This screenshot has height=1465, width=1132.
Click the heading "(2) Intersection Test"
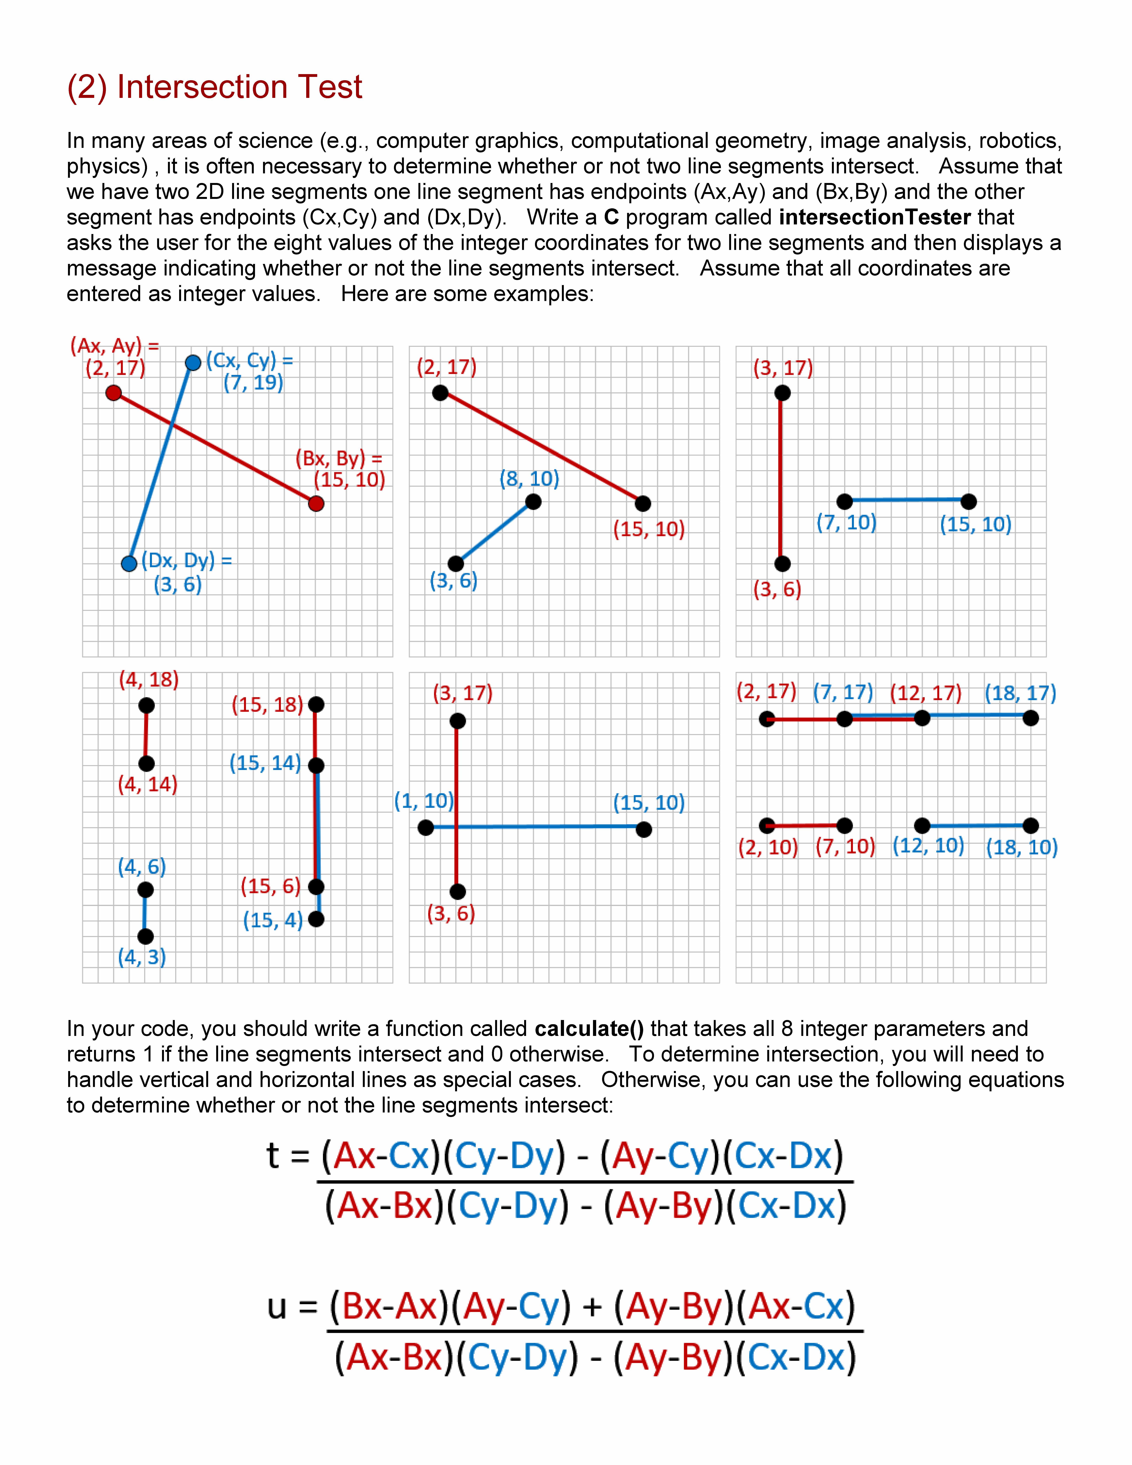[215, 87]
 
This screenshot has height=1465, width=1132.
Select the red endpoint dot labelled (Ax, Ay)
[114, 392]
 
